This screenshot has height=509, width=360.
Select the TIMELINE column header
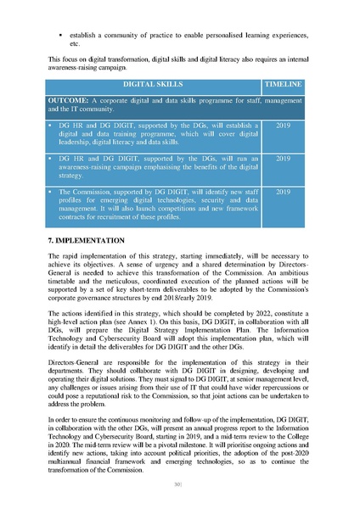click(284, 87)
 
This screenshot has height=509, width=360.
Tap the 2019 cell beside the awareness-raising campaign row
click(284, 158)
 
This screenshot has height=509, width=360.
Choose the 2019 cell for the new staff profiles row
click(284, 192)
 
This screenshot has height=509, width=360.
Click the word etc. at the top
click(74, 43)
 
